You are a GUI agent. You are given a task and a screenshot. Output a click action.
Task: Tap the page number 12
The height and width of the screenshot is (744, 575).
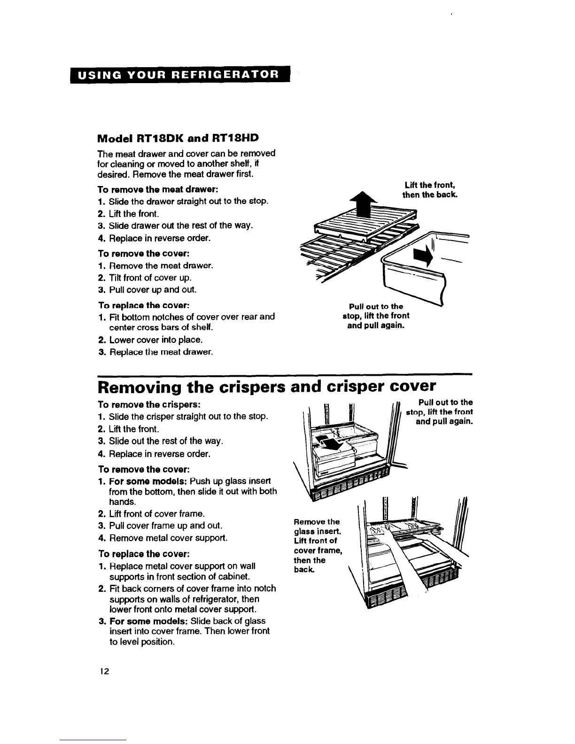click(x=104, y=671)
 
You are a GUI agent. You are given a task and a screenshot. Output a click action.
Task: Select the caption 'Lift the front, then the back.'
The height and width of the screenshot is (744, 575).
click(x=429, y=190)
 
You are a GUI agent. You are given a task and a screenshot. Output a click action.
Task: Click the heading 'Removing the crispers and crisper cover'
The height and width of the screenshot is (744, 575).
click(x=266, y=387)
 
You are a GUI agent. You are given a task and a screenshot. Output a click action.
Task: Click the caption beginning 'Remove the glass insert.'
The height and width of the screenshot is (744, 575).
click(x=316, y=545)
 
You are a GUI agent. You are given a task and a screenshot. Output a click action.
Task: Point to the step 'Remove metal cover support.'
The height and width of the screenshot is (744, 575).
click(x=168, y=537)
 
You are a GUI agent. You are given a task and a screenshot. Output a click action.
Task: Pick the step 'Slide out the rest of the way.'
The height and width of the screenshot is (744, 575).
click(x=165, y=441)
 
